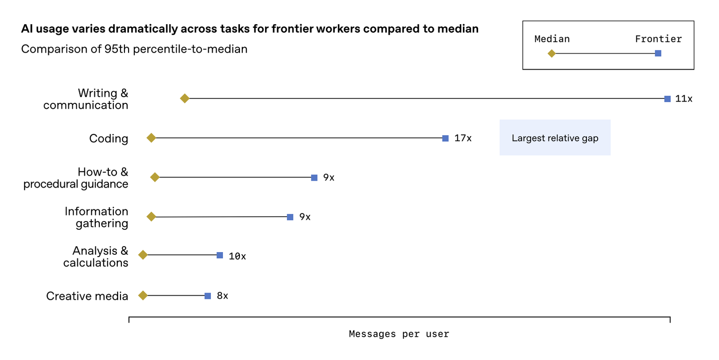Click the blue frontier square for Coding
coord(445,138)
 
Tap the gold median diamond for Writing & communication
coord(184,98)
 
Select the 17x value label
coord(463,138)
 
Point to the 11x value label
coord(683,99)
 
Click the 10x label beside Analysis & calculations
coord(237,256)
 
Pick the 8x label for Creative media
coord(222,296)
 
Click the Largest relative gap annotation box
coord(555,138)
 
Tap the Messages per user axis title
coord(399,334)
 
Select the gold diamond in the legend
coord(552,53)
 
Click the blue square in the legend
coord(658,53)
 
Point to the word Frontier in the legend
coord(658,39)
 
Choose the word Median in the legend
coord(552,39)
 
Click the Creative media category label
coord(87,296)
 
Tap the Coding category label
coord(109,138)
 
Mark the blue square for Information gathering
coord(290,217)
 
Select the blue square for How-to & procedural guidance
coord(314,178)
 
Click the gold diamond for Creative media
coord(143,295)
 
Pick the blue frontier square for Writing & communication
coord(667,99)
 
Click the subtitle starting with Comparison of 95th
coord(134,49)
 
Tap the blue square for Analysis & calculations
coord(220,255)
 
